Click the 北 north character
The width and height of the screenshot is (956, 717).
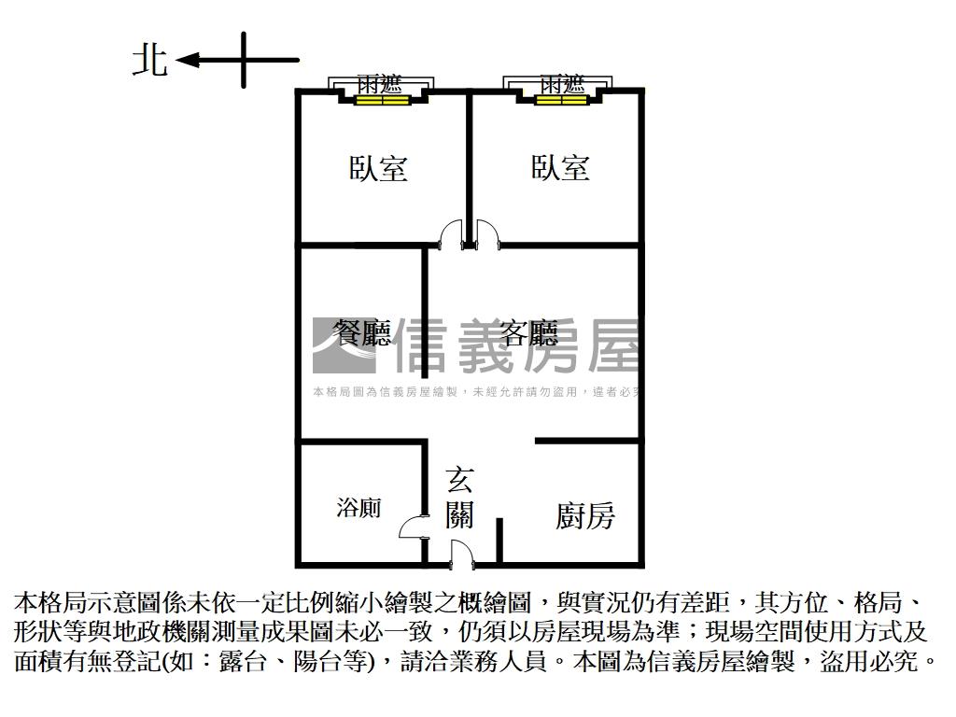149,61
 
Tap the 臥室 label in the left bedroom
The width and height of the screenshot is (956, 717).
378,169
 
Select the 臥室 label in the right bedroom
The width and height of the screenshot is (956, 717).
560,168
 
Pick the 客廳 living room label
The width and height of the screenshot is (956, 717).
528,333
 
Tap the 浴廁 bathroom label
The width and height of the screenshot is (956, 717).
358,508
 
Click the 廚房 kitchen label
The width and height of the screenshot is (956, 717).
585,515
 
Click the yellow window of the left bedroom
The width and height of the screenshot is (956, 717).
380,101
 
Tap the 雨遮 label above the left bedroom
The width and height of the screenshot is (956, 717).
380,83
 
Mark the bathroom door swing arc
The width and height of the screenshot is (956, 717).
412,528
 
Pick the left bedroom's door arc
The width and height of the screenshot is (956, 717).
451,233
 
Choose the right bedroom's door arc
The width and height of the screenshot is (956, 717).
488,233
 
